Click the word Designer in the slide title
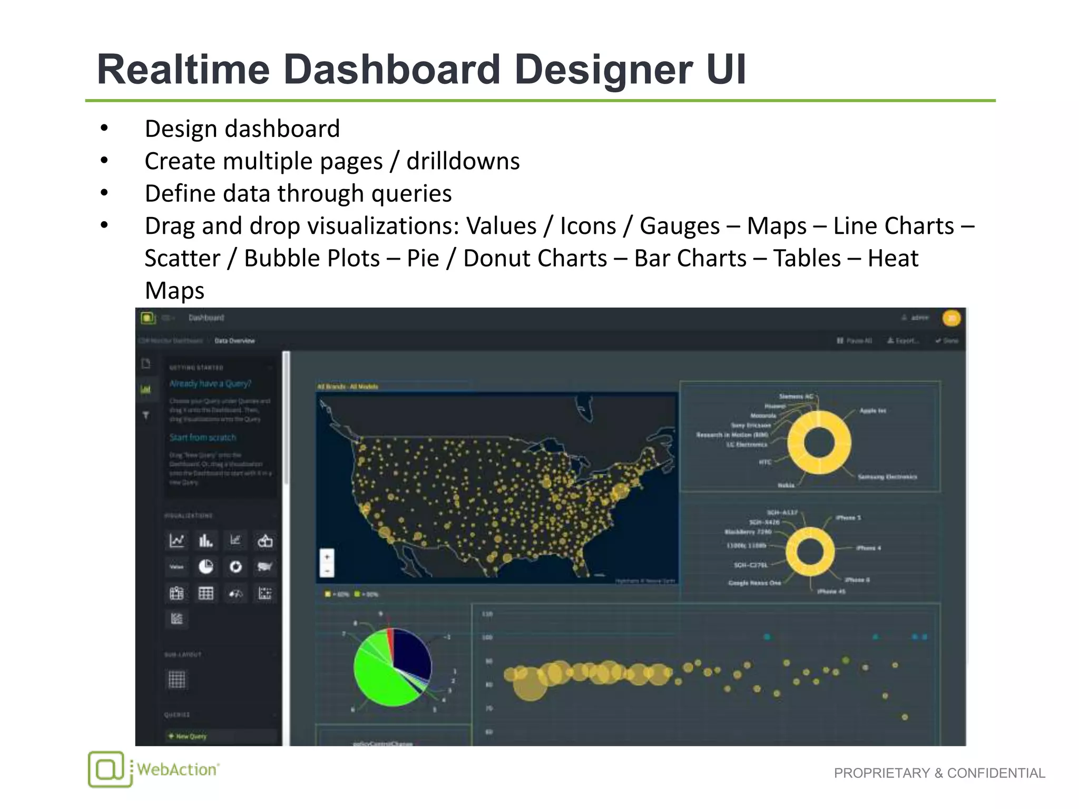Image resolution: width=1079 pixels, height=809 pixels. pos(603,70)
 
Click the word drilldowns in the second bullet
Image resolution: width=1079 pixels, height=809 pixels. pos(463,161)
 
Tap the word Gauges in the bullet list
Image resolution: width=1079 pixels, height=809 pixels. pos(679,226)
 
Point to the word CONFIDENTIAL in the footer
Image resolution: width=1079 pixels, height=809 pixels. pos(996,773)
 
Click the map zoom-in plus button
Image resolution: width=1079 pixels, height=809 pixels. pos(327,557)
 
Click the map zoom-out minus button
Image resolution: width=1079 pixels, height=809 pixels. pos(327,570)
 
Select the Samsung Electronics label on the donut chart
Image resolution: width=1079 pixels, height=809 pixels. pos(887,477)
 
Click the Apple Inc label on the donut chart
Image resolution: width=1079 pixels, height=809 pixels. pos(872,410)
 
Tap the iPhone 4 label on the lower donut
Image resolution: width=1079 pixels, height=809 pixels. pos(868,548)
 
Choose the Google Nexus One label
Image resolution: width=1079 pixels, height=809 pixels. pos(754,583)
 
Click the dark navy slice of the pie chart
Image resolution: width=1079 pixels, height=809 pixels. pos(413,653)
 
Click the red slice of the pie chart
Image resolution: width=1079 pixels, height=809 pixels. pos(390,640)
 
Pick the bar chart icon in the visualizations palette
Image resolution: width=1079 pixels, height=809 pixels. pos(205,540)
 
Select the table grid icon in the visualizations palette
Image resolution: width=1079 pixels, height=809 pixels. pos(205,594)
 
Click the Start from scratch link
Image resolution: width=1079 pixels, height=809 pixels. pos(203,437)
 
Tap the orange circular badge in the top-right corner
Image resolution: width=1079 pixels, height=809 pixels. pos(952,318)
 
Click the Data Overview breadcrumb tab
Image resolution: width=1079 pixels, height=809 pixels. pos(234,341)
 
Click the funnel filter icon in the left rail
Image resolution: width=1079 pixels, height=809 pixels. pos(146,416)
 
